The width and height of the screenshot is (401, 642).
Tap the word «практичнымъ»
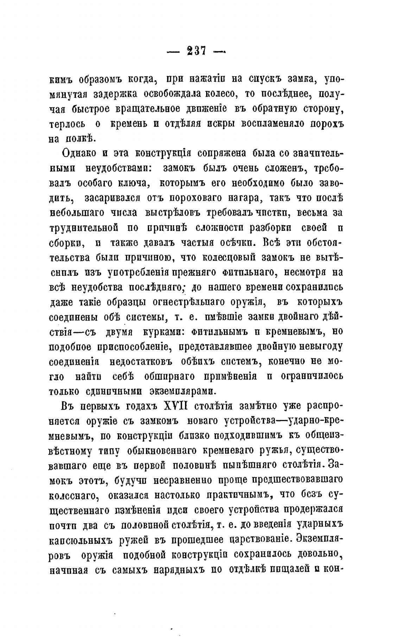point(239,495)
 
